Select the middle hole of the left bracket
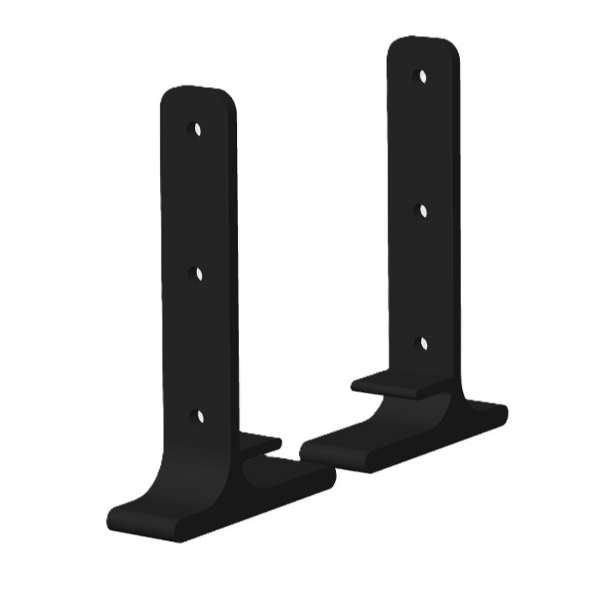point(198,272)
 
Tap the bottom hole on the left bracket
point(199,415)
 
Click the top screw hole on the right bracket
point(423,77)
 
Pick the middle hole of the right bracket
point(423,211)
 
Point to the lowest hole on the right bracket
point(423,343)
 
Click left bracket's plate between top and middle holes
point(198,201)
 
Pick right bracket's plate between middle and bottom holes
point(423,277)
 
